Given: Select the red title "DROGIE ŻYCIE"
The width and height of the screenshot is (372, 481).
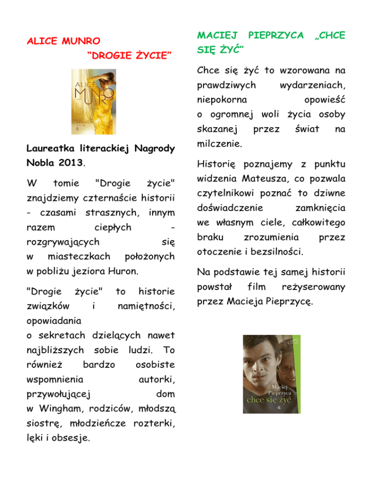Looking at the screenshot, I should coord(127,58).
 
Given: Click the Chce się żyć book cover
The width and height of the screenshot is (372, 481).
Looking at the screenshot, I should coord(274,374).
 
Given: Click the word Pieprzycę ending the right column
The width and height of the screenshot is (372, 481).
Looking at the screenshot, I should coord(291,302).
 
